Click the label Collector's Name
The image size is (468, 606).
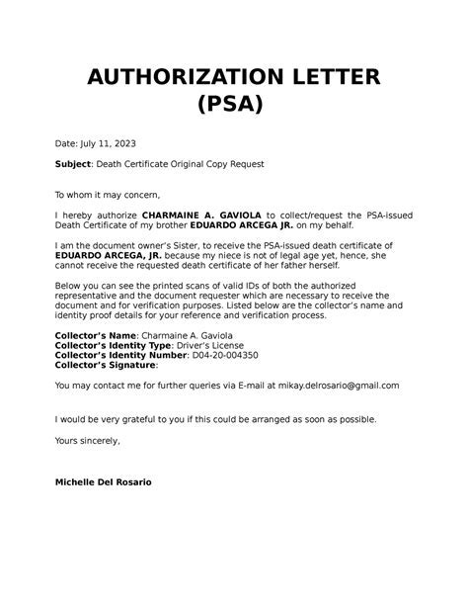[93, 336]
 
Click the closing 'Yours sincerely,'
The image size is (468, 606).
[87, 440]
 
